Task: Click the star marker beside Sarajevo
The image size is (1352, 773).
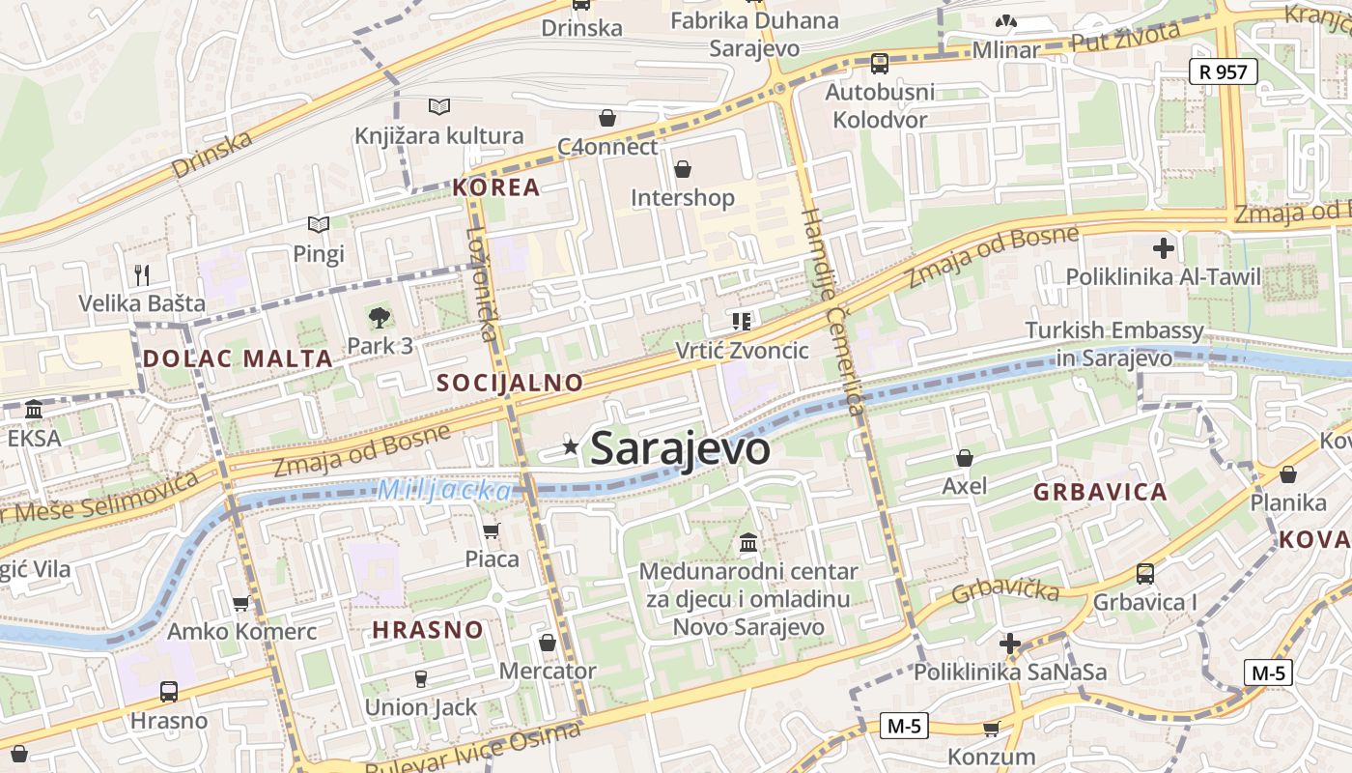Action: point(571,446)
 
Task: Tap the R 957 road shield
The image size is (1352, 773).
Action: point(1223,71)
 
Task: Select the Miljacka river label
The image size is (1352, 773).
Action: point(444,490)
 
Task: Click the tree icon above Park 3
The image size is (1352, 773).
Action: point(380,316)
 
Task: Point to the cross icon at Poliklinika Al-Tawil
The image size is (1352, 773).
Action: point(1164,247)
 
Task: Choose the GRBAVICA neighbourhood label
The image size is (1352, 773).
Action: point(1100,492)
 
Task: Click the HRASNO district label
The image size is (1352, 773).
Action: point(428,630)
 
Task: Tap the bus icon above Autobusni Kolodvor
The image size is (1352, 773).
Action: point(879,64)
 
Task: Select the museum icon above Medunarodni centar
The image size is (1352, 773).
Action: point(748,543)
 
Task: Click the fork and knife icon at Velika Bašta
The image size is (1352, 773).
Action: point(142,274)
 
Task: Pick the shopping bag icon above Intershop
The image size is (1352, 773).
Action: point(683,169)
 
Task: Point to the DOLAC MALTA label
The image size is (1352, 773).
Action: point(238,358)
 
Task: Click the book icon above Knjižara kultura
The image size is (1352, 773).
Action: point(439,106)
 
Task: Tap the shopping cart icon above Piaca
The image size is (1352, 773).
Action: point(492,530)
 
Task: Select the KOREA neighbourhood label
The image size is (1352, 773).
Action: point(496,187)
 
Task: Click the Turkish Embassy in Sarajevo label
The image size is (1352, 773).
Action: point(1114,344)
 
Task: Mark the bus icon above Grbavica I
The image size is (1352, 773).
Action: point(1145,574)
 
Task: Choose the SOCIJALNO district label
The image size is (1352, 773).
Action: point(510,383)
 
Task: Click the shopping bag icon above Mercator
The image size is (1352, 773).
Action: point(548,643)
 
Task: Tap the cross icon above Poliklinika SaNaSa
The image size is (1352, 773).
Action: point(1010,644)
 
